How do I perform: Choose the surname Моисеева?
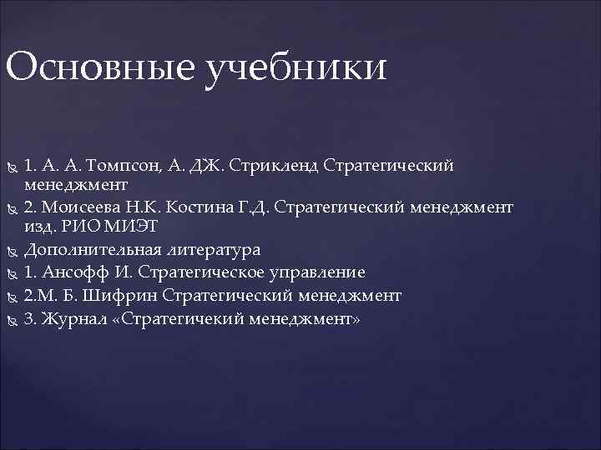[x=88, y=206]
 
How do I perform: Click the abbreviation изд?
[x=39, y=225]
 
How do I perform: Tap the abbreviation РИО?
[x=76, y=225]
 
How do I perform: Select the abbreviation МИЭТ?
[x=122, y=225]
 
